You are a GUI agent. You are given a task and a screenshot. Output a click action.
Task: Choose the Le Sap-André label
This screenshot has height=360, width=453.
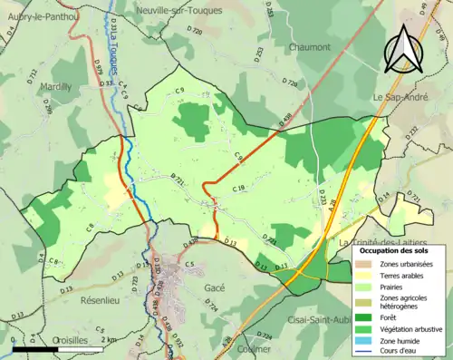click(401, 95)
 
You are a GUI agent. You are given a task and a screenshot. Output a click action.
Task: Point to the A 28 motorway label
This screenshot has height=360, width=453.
click(333, 206)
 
